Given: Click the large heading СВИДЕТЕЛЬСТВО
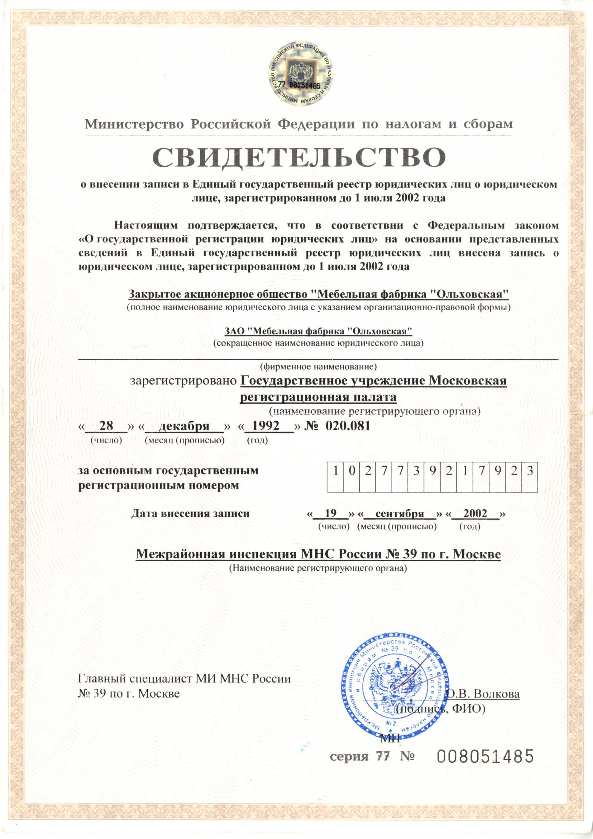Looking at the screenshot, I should (299, 158).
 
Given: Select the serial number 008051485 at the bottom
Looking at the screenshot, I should (485, 756).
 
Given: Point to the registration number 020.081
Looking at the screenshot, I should (348, 426).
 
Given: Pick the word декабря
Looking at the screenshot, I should (184, 426).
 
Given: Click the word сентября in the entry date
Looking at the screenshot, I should (400, 514).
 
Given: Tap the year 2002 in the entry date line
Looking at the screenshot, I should (475, 514).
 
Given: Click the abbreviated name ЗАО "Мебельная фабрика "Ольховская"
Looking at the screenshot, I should (318, 331).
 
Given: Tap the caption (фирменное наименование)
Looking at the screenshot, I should (318, 366).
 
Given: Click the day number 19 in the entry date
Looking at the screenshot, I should (330, 514).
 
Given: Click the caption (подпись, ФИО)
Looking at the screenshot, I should (441, 709).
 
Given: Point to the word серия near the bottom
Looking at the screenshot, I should (349, 757).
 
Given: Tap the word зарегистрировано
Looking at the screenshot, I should (184, 381).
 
